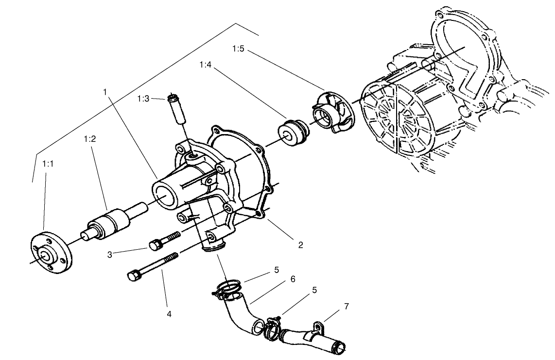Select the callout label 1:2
click(89, 139)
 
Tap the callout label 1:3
click(143, 99)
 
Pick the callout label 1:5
click(239, 49)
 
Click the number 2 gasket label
click(300, 245)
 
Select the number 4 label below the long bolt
click(169, 314)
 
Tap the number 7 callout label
click(346, 307)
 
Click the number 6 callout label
click(293, 279)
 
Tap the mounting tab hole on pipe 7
click(319, 326)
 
